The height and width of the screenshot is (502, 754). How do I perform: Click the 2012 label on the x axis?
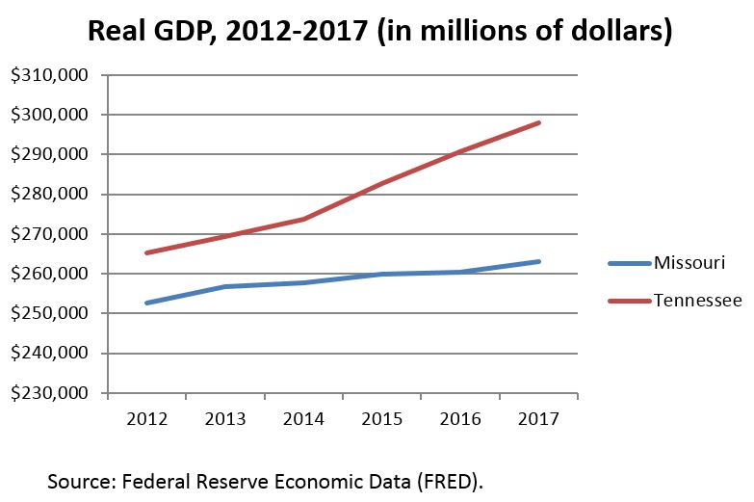pyautogui.click(x=146, y=421)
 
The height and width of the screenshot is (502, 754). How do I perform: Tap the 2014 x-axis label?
pyautogui.click(x=303, y=421)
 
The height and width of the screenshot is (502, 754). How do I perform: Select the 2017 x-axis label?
pyautogui.click(x=538, y=421)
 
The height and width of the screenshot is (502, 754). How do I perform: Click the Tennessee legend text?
pyautogui.click(x=697, y=301)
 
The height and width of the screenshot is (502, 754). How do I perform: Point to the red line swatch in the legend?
pyautogui.click(x=630, y=302)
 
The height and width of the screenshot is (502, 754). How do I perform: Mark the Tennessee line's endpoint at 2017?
pyautogui.click(x=539, y=122)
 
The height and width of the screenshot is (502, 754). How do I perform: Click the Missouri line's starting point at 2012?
pyautogui.click(x=146, y=303)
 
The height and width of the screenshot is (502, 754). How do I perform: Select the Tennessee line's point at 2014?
pyautogui.click(x=303, y=219)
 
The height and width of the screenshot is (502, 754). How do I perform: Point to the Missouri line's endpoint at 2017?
pyautogui.click(x=539, y=261)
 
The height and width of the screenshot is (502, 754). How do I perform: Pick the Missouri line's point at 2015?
pyautogui.click(x=382, y=274)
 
